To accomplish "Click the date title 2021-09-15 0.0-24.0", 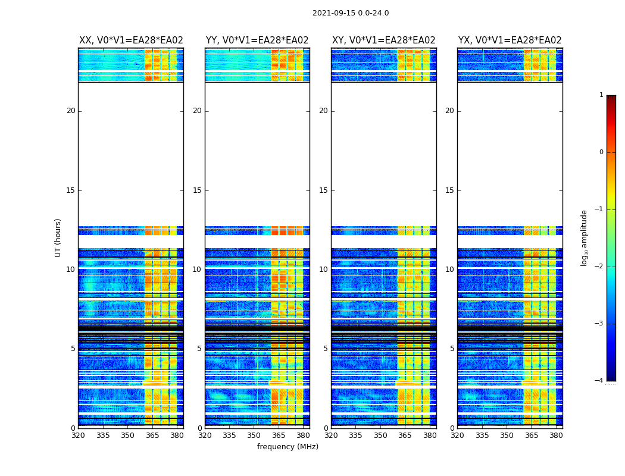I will [351, 13].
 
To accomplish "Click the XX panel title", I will [131, 40].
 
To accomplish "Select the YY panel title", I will [257, 40].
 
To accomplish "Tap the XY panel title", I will [383, 40].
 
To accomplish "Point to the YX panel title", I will [510, 40].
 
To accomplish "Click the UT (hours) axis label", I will [58, 237].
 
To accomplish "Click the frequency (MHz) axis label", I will [287, 447].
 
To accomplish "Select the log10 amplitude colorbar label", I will [585, 237].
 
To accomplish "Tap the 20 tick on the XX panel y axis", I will [71, 111].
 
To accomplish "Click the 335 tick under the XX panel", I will [103, 436].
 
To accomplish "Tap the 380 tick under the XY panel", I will [430, 436].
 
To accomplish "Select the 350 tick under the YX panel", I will [507, 436].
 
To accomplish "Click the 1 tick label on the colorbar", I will [601, 95].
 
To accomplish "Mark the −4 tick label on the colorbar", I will [600, 381].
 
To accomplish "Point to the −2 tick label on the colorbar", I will [600, 267].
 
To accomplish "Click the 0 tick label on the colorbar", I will [601, 152].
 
